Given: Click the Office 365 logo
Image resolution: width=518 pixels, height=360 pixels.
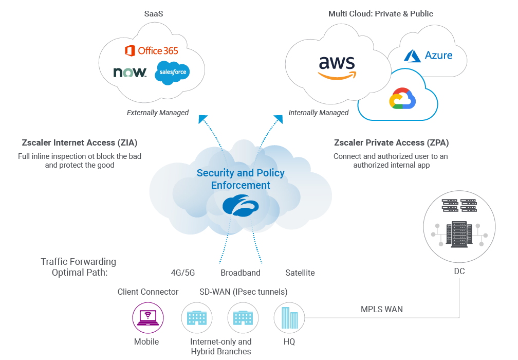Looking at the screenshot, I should tap(152, 50).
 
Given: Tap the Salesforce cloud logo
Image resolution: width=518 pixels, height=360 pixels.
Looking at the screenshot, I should tap(172, 73).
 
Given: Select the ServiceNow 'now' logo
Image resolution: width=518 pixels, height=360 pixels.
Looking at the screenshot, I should tap(130, 73).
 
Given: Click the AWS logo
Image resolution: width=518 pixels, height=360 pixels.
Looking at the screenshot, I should tap(337, 67).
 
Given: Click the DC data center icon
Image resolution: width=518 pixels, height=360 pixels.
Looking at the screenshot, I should tap(459, 225).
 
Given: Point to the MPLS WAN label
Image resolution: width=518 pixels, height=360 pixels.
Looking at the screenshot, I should tap(382, 309).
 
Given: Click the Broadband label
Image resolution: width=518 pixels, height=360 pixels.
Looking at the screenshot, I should tap(240, 273).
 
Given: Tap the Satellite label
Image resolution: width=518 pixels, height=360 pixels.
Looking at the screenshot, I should tap(300, 273).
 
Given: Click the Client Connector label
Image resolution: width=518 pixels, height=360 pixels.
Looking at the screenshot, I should tap(148, 292).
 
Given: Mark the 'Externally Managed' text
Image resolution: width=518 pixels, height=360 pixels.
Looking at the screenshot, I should tap(158, 113).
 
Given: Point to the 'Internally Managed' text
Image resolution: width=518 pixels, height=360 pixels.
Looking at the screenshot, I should tap(319, 113).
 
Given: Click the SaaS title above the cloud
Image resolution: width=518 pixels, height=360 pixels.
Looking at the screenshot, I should tap(153, 14).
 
